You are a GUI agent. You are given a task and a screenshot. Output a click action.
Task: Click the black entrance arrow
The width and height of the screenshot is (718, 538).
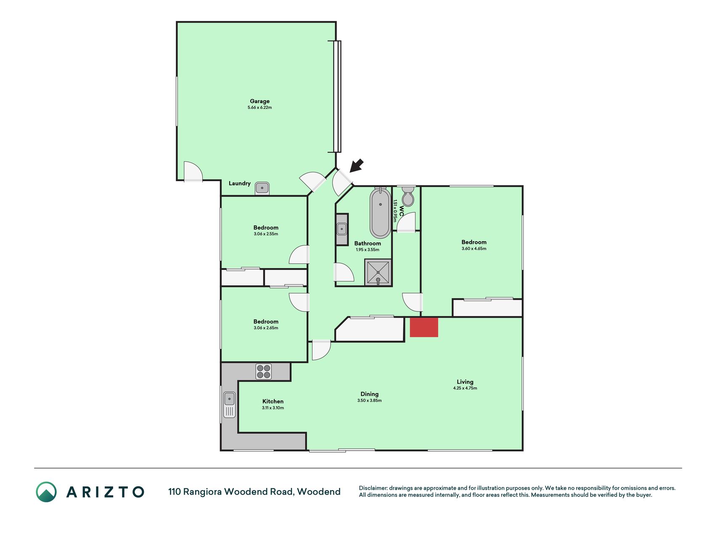(356, 165)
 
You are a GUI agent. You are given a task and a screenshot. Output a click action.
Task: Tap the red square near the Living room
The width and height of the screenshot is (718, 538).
(424, 327)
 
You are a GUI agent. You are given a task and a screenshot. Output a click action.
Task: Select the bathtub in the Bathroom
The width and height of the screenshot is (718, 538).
(380, 213)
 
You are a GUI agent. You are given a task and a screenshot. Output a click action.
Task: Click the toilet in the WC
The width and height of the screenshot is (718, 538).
(408, 196)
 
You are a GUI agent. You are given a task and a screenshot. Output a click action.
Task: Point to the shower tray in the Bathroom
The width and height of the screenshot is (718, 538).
(378, 272)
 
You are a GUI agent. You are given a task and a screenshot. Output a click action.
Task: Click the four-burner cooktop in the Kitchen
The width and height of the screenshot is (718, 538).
(264, 372)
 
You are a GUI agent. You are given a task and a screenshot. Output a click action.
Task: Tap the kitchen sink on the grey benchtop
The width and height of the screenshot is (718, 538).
(229, 404)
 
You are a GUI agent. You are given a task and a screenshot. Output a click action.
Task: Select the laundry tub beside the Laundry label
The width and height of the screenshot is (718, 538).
(262, 188)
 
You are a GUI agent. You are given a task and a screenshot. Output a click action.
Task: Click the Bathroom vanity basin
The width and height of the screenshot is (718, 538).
(342, 229)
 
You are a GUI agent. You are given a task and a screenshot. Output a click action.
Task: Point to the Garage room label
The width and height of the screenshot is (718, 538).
(260, 101)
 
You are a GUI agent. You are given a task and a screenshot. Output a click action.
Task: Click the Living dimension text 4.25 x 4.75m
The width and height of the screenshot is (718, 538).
(465, 388)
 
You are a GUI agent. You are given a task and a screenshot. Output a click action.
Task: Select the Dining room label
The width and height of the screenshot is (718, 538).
(369, 394)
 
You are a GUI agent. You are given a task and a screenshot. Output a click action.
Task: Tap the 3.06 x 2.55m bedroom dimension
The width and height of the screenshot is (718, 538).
(266, 234)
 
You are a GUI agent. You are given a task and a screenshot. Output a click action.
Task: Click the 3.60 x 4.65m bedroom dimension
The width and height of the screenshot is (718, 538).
(474, 248)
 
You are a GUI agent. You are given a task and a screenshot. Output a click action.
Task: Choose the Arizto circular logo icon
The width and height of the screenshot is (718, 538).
(46, 492)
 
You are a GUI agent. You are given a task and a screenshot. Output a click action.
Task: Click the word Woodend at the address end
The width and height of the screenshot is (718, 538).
(319, 492)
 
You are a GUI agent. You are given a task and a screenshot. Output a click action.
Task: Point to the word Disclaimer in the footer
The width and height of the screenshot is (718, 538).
(372, 488)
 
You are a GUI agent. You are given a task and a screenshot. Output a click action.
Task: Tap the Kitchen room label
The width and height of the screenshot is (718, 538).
(273, 401)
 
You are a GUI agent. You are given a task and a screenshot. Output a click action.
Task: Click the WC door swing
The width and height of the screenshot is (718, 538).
(406, 222)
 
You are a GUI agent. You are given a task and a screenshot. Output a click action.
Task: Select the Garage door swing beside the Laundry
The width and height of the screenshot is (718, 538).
(193, 171)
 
